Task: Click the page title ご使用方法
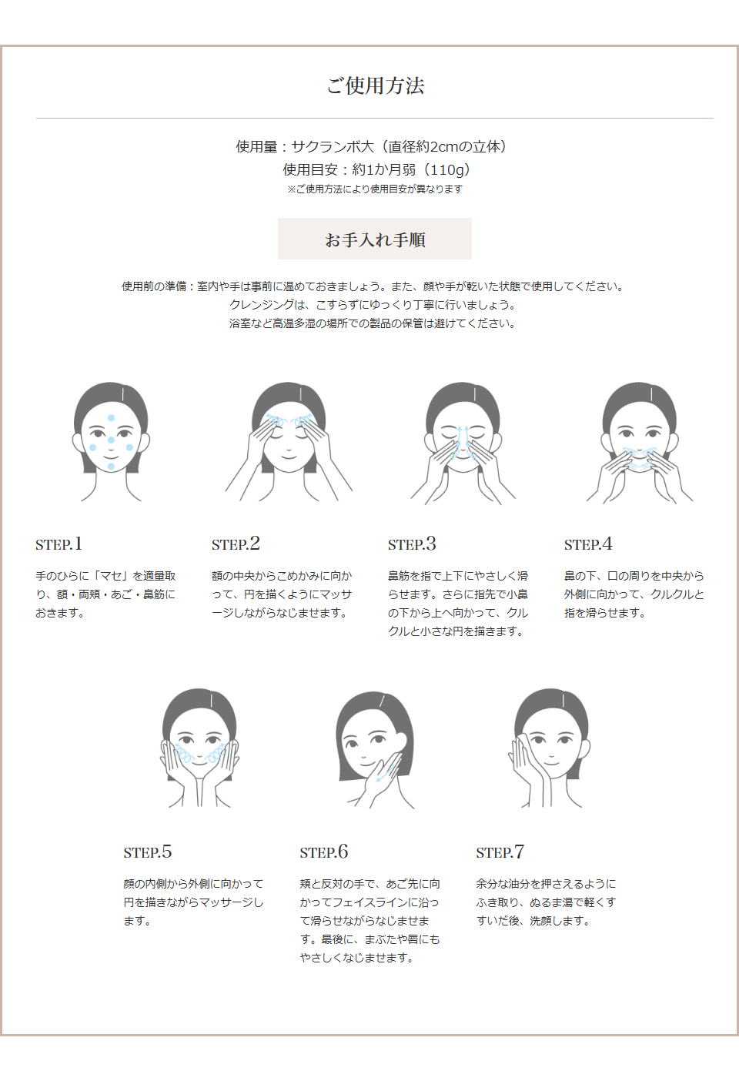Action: click(x=375, y=85)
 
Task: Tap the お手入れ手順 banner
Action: click(x=375, y=239)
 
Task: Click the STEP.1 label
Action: click(x=59, y=544)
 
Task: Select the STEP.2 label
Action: click(x=236, y=544)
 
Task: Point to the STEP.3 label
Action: click(x=412, y=544)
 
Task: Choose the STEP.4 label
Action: click(x=588, y=544)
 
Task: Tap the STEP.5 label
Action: click(x=147, y=852)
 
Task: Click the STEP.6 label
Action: click(x=324, y=852)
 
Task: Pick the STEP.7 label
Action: click(x=500, y=852)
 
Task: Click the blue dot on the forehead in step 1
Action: click(x=111, y=418)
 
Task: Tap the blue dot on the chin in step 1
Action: click(x=111, y=467)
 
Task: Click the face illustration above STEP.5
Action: click(x=199, y=747)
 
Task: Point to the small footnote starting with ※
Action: click(x=375, y=189)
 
